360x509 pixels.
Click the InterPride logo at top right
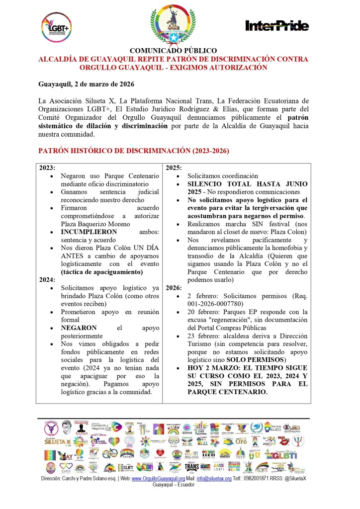(x=277, y=26)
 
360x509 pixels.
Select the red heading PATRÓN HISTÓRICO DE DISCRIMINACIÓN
(x=134, y=151)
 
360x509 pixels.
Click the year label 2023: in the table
(x=47, y=168)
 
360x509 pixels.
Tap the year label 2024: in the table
(x=47, y=280)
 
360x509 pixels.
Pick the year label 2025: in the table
(x=174, y=168)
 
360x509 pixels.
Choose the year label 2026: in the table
(x=174, y=288)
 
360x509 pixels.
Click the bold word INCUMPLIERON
(x=89, y=232)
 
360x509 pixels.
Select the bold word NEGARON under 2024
(x=79, y=328)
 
